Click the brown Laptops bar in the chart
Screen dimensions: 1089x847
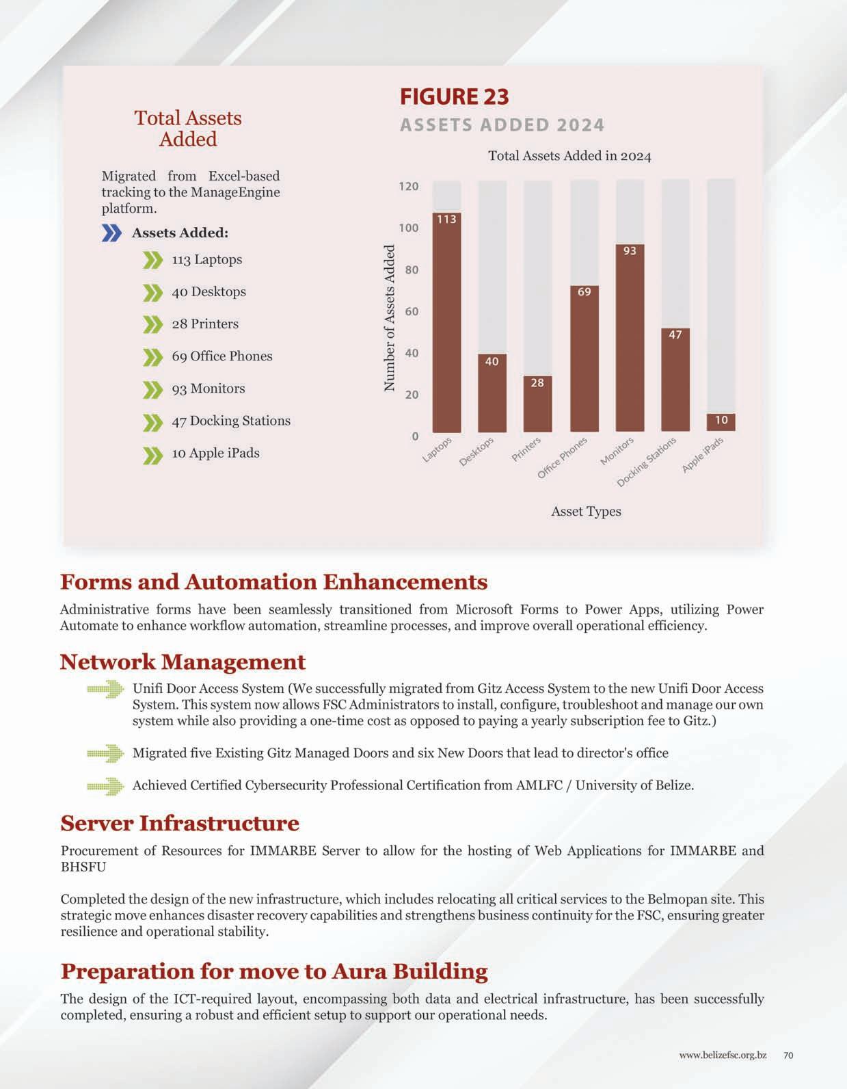point(446,322)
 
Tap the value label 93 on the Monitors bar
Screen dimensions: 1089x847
point(630,251)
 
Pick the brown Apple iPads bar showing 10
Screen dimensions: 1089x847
point(721,421)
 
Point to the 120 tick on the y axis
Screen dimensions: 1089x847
point(409,186)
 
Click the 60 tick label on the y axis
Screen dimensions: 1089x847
point(411,311)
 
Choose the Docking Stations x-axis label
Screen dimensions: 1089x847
point(646,462)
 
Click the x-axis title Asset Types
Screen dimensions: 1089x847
point(586,511)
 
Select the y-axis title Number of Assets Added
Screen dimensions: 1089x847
point(390,318)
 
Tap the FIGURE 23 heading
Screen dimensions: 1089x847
point(454,96)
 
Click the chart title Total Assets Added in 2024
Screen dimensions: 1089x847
point(569,156)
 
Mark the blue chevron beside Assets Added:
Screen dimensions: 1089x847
point(111,233)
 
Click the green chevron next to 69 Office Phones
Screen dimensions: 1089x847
point(152,357)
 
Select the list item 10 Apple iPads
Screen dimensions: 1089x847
point(215,453)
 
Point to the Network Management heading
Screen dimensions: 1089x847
point(183,661)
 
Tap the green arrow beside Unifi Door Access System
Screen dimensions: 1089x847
point(105,690)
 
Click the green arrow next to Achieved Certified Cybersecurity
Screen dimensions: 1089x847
point(105,786)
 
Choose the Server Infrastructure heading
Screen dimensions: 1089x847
point(180,823)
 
